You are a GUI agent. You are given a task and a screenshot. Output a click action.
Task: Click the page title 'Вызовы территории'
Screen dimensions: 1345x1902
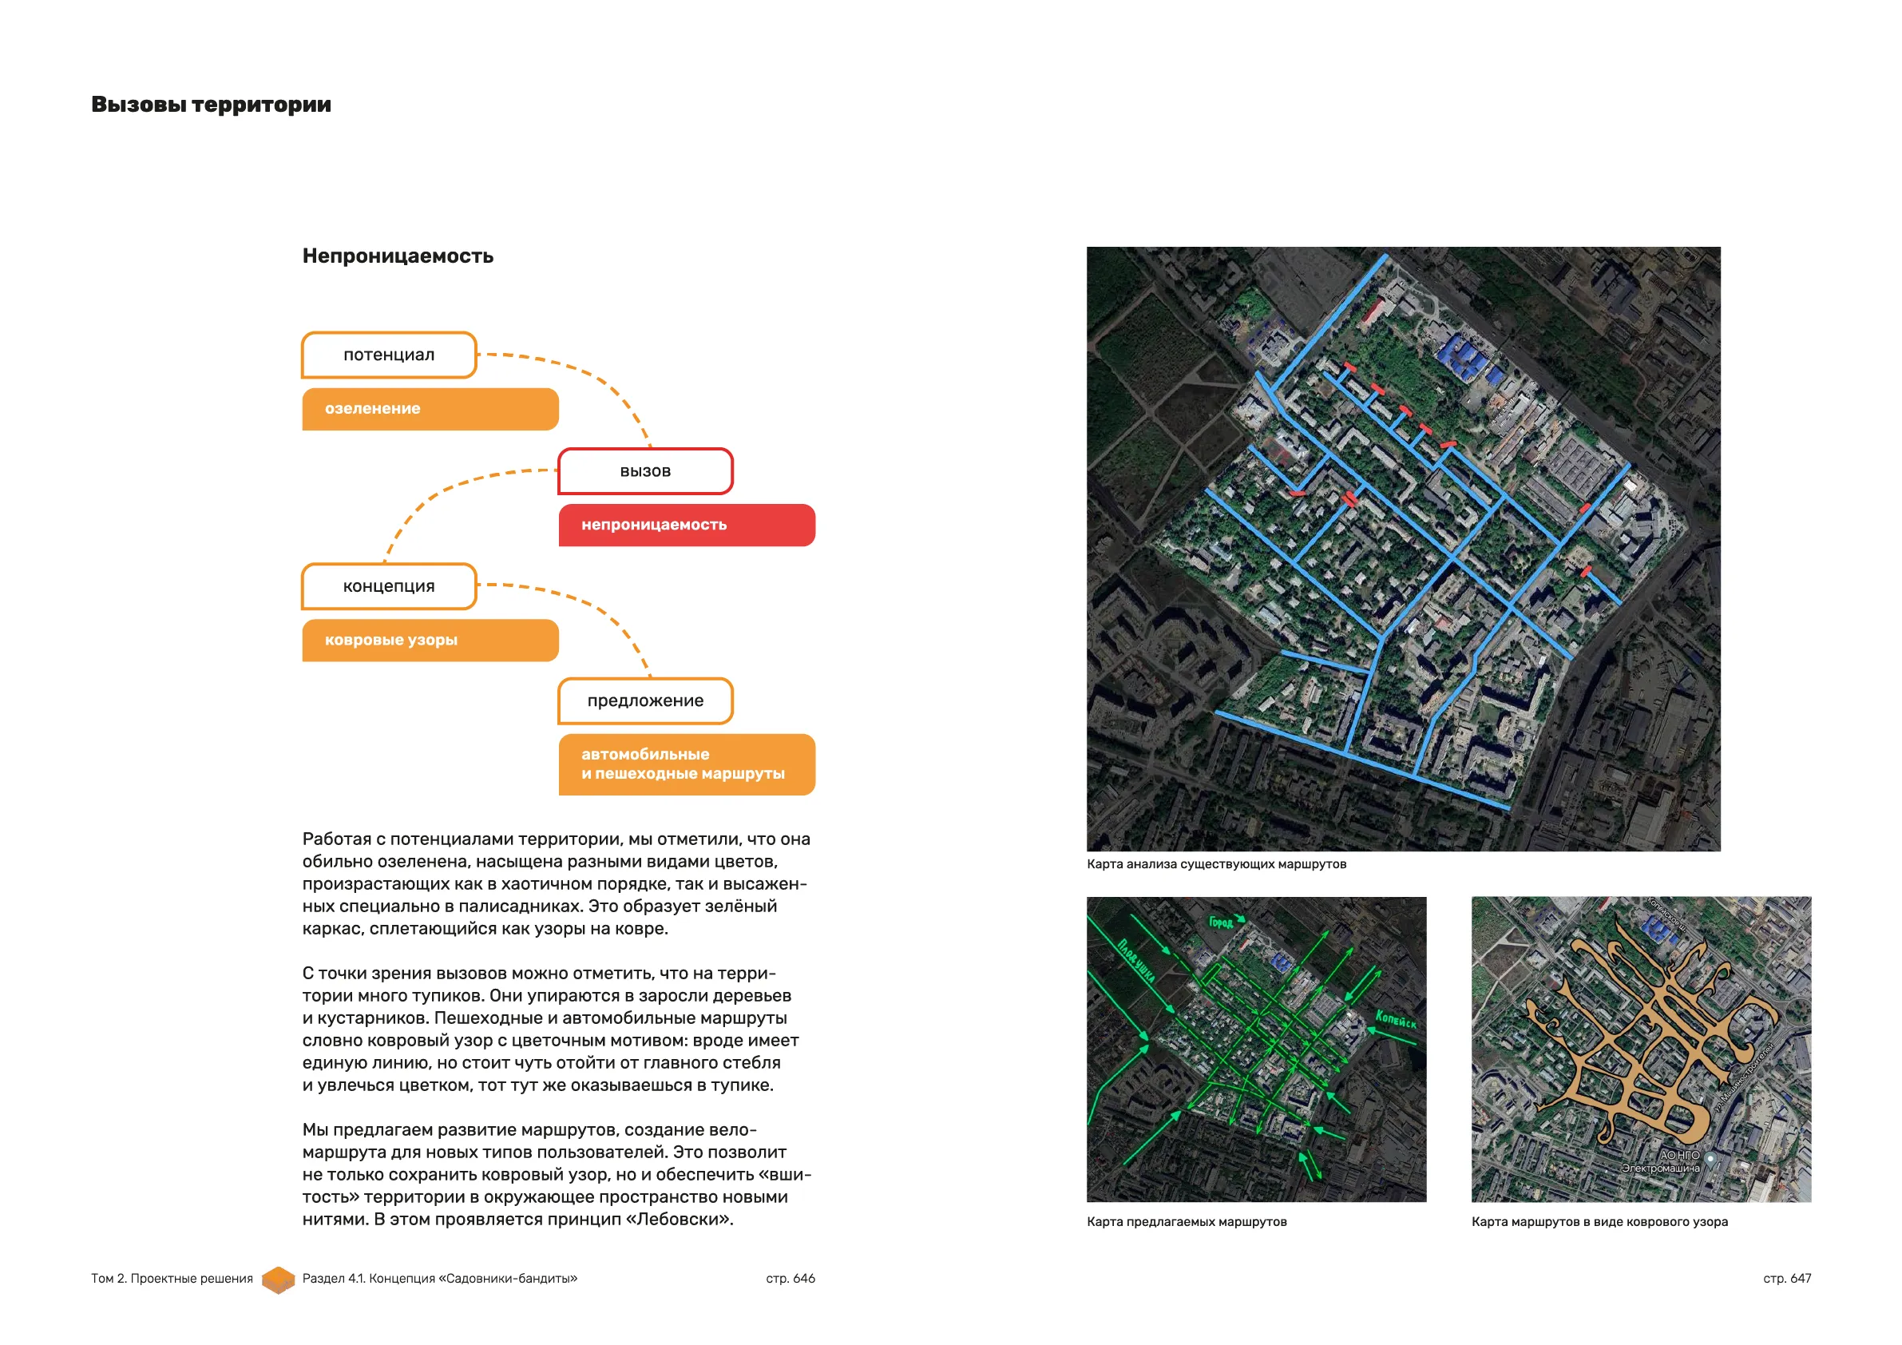[x=211, y=105]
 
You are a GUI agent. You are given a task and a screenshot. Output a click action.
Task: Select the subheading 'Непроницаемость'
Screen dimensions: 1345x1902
[x=398, y=256]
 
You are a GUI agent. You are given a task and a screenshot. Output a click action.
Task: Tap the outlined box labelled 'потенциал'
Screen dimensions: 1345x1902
[x=389, y=355]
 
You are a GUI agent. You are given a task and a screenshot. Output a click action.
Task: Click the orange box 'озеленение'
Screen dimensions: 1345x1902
[x=430, y=409]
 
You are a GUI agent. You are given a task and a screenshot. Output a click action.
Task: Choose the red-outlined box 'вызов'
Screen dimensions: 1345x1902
[x=645, y=471]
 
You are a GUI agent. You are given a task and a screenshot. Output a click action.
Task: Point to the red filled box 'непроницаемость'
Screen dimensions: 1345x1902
[x=686, y=525]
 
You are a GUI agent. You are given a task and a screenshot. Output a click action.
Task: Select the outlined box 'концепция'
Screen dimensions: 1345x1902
[x=389, y=586]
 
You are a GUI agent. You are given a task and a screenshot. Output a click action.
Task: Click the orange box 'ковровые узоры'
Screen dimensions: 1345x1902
[x=430, y=640]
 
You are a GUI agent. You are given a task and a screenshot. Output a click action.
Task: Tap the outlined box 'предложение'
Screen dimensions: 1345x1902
[x=645, y=701]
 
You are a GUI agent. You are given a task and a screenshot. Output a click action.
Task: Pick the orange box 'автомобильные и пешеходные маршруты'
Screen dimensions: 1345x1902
[x=686, y=764]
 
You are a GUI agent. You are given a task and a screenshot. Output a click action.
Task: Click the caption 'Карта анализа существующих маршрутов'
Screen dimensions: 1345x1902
[x=1216, y=864]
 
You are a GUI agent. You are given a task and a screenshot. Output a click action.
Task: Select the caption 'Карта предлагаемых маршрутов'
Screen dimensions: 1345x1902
[x=1187, y=1221]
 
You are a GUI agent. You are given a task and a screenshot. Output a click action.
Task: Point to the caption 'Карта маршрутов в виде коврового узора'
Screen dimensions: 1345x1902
[x=1599, y=1221]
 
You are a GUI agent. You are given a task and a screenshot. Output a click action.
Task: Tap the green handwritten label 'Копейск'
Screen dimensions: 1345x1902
[x=1395, y=1019]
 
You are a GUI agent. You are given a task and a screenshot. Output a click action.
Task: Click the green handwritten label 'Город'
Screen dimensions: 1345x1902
[x=1221, y=922]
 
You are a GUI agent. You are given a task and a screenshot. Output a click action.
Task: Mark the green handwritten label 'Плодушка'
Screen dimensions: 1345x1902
[x=1135, y=961]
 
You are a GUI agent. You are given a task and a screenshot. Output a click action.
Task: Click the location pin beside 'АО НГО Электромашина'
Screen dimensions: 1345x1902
[x=1710, y=1158]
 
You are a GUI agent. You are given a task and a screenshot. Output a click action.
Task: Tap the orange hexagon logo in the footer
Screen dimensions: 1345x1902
[x=279, y=1280]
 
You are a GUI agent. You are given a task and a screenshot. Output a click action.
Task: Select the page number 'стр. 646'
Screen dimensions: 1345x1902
[x=791, y=1279]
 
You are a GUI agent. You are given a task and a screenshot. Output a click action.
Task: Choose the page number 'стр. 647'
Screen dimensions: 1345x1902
[x=1787, y=1279]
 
